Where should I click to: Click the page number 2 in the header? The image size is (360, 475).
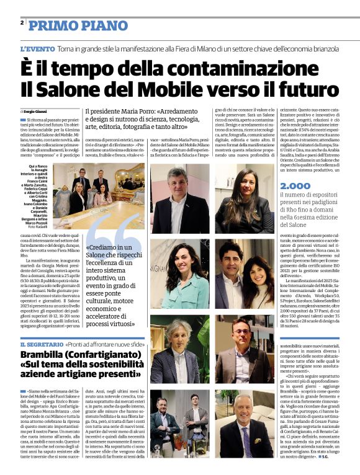click(22, 22)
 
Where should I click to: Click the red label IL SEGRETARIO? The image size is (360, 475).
click(41, 344)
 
